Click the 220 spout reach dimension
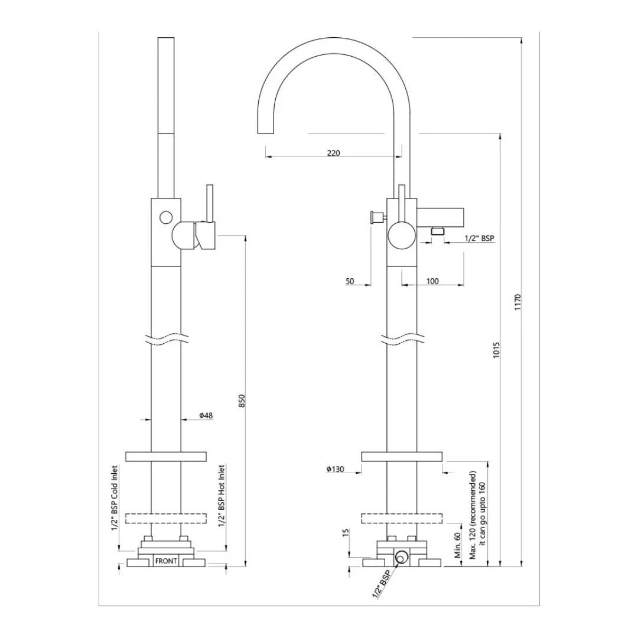pyautogui.click(x=333, y=153)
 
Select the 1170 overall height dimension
pyautogui.click(x=517, y=302)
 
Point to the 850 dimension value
pyautogui.click(x=241, y=400)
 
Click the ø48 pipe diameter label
pyautogui.click(x=206, y=416)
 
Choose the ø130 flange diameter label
pyautogui.click(x=335, y=470)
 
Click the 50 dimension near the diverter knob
pyautogui.click(x=350, y=281)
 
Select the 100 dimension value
pyautogui.click(x=432, y=281)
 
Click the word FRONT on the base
pyautogui.click(x=165, y=561)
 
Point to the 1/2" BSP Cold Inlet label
pyautogui.click(x=115, y=498)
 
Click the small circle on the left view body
pyautogui.click(x=166, y=217)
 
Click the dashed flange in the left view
pyautogui.click(x=166, y=519)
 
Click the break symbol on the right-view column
pyautogui.click(x=402, y=340)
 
